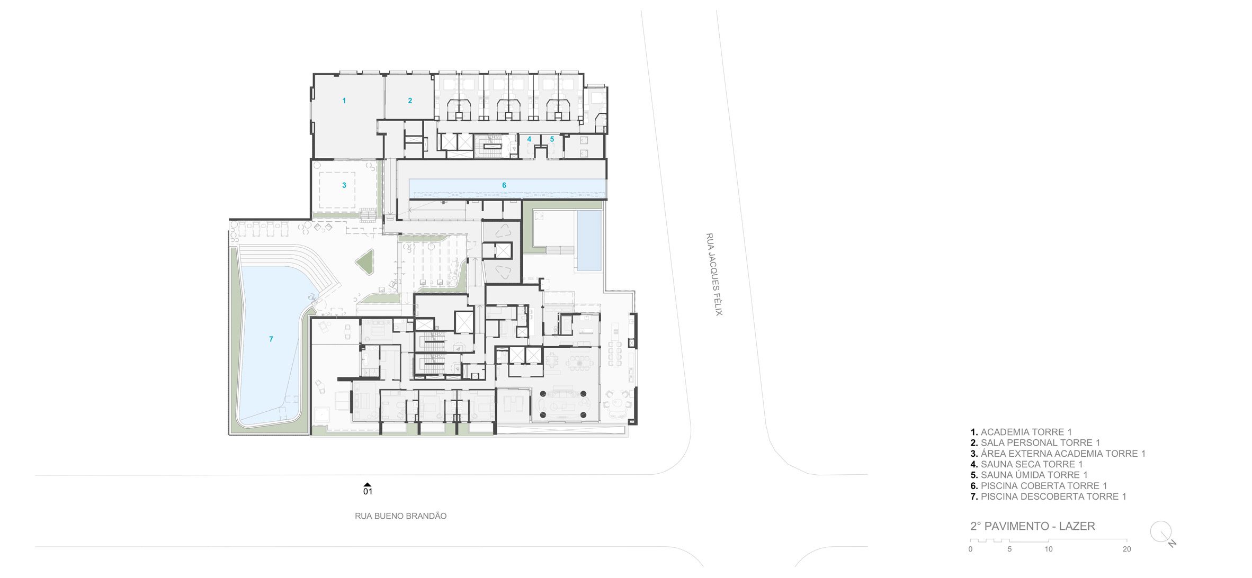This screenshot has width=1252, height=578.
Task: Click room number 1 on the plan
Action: pos(344,101)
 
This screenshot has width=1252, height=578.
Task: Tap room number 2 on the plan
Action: pos(410,101)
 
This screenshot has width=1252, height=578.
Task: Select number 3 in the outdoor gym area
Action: pos(344,185)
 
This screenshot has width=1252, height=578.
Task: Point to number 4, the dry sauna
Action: pos(529,139)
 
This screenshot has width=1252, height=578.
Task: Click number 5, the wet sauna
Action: pos(552,139)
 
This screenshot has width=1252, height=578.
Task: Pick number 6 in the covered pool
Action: pos(504,185)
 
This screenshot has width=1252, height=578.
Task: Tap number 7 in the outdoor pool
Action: pos(271,339)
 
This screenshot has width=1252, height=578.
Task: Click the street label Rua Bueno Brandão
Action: pos(401,516)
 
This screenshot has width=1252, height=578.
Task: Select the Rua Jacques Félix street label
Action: pos(714,274)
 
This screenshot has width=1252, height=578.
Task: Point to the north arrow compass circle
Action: pos(1160,531)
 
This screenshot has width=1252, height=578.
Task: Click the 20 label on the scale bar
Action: pos(1126,549)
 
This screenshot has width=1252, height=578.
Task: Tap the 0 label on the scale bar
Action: pos(970,549)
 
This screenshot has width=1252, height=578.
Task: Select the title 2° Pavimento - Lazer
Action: pos(1033,526)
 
